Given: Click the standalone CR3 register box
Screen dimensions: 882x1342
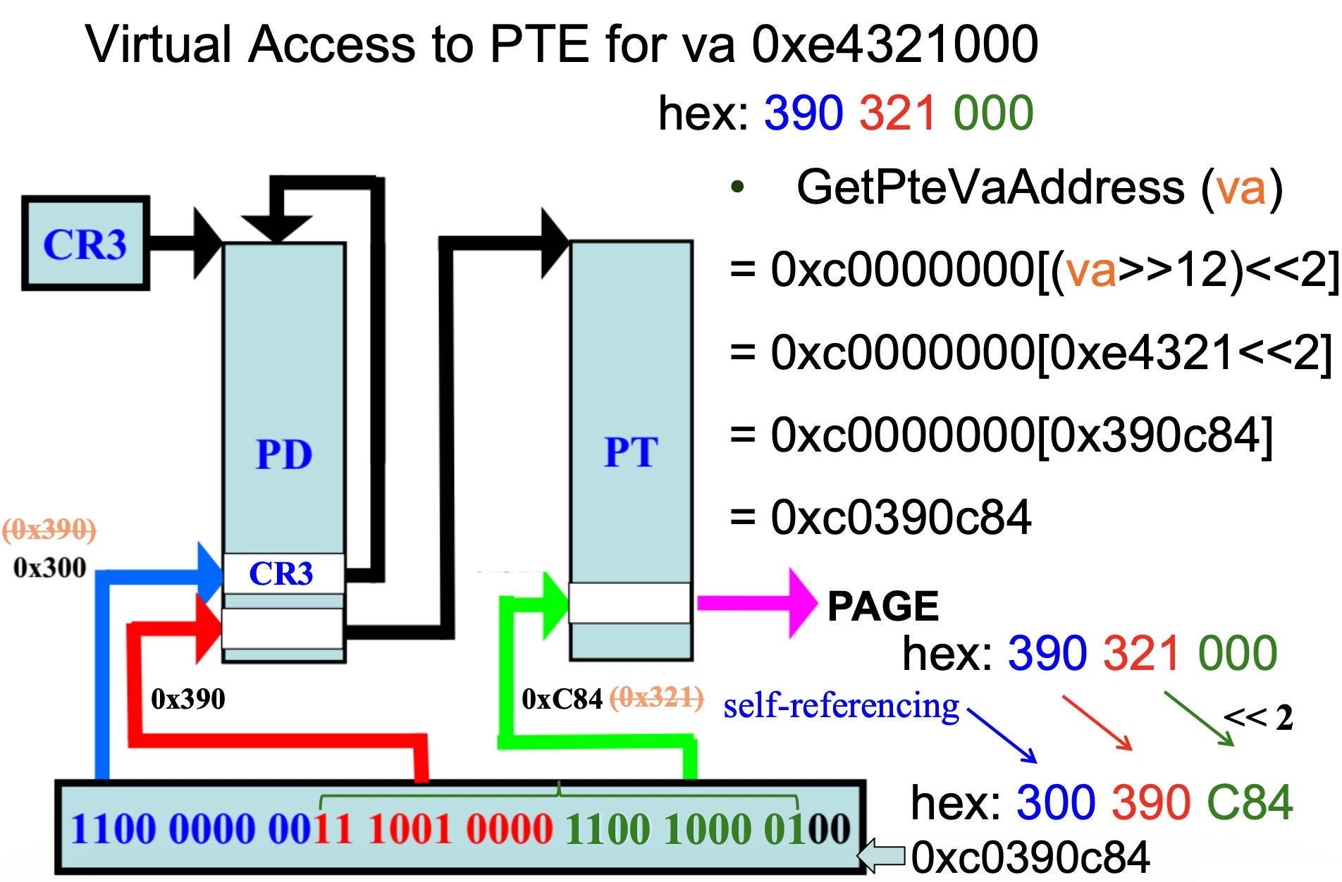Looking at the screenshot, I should pos(85,243).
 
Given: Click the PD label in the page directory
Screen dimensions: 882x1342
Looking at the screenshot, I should pos(284,454).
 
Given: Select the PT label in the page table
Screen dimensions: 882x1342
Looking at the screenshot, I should pos(631,452).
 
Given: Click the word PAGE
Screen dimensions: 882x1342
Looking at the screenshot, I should pos(882,606).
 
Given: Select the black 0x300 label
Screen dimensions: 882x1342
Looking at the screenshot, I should pos(49,568).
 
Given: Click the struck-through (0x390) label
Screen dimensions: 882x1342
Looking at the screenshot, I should pos(49,529).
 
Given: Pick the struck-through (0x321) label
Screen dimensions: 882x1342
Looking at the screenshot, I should pos(656,698).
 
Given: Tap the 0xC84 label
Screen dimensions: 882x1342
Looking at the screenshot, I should pos(562,699).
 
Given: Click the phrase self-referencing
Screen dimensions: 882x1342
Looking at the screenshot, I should pos(841,706).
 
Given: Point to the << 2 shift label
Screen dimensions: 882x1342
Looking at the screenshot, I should pos(1258,718).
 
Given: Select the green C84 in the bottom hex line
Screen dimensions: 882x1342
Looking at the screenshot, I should pos(1250,803).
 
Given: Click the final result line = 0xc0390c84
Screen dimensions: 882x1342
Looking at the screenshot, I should pos(881,517).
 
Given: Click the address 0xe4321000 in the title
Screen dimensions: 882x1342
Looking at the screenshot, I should pos(895,44).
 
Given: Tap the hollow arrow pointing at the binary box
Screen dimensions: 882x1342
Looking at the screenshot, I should pos(881,855).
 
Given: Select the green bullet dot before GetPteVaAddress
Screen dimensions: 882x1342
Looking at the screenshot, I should pos(737,187).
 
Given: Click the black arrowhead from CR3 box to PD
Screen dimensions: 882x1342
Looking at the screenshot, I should pos(207,243).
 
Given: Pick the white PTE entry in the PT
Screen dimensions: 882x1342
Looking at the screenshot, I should pos(629,603).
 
